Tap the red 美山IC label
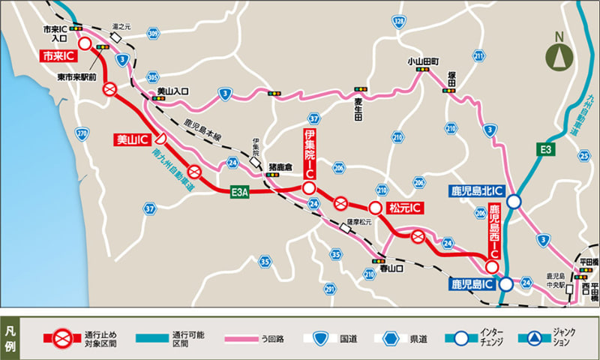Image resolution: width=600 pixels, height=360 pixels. (130, 139)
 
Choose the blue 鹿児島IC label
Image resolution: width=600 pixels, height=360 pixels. (471, 284)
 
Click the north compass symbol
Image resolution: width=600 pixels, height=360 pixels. (556, 54)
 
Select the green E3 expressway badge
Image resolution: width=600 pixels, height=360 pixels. (548, 150)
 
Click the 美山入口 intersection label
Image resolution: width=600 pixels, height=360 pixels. (173, 91)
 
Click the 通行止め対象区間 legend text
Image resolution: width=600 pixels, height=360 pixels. (97, 338)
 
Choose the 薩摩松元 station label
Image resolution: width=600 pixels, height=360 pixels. (359, 222)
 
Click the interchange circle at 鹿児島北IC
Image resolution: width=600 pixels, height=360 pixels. (514, 201)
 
